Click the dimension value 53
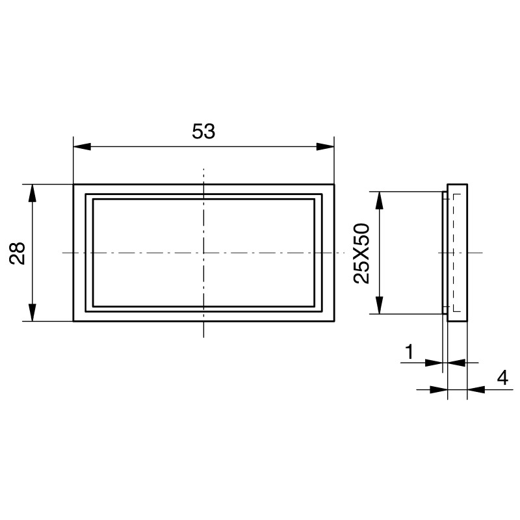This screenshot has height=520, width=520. click(203, 131)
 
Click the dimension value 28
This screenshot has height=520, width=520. click(18, 253)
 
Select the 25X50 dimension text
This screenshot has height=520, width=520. click(362, 253)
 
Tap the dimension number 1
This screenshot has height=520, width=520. click(409, 352)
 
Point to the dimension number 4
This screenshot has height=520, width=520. click(502, 378)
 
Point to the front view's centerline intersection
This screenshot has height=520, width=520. click(204, 253)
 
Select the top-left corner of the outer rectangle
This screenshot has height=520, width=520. click(73, 185)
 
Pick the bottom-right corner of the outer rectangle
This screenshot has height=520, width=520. click(334, 321)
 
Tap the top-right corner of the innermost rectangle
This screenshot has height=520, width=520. click(315, 199)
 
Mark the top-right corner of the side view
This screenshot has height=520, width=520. click(467, 184)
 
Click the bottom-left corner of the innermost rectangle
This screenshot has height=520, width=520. click(93, 306)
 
